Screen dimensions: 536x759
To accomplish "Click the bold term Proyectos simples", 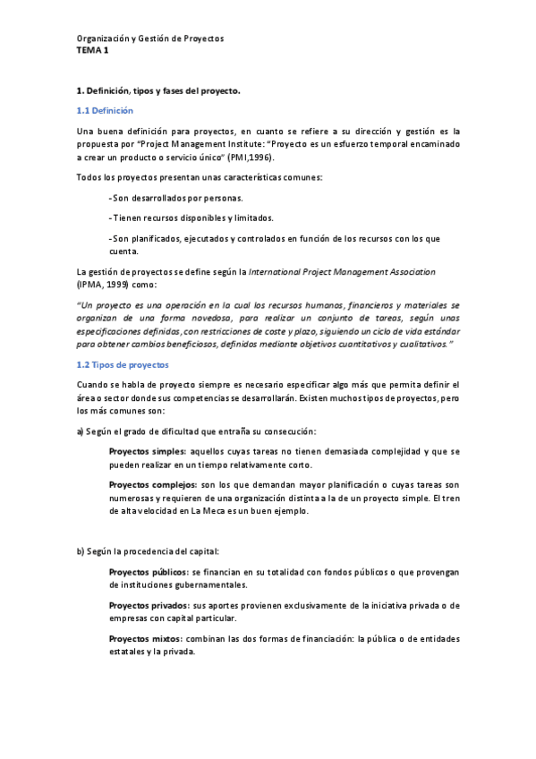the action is coord(148,453).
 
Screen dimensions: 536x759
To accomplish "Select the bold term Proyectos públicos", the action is coord(149,572).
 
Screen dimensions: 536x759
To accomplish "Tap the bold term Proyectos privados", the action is coord(149,606).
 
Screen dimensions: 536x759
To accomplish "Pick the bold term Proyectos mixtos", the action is coord(146,638).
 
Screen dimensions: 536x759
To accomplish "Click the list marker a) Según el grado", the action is coord(81,431).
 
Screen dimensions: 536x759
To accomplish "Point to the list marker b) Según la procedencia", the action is coord(81,550).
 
